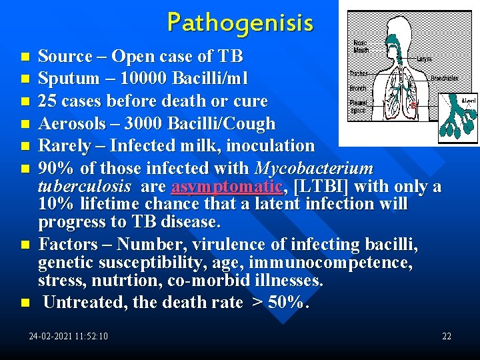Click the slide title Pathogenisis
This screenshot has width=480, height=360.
(x=239, y=22)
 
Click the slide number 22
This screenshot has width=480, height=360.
(x=447, y=336)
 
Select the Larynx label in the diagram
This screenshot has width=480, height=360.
(x=423, y=59)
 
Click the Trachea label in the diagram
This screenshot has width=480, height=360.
(x=359, y=73)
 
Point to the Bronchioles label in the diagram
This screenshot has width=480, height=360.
(x=444, y=78)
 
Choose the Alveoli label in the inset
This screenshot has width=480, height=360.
(x=469, y=101)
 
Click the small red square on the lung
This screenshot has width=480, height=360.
(x=413, y=105)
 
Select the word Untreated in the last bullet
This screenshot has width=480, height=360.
(x=85, y=303)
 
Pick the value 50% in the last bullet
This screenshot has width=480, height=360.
(x=288, y=303)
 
